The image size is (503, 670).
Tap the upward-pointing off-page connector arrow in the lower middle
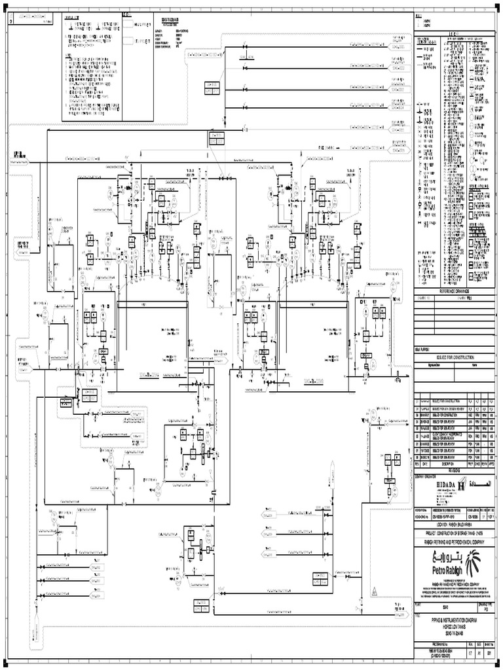[x=332, y=466]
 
